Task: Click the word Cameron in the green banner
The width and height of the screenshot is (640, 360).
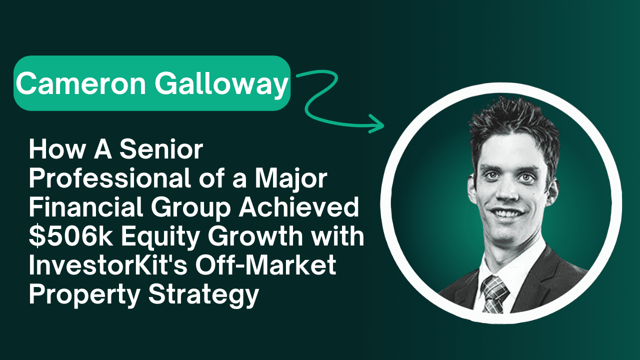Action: pos(81,83)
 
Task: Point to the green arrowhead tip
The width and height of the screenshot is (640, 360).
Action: pos(383,125)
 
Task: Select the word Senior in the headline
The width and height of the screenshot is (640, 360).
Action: pos(161,149)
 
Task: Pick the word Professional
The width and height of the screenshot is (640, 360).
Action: pos(109,178)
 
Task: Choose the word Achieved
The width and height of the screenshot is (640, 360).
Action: pos(298,207)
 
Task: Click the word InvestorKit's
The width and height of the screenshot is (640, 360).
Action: pos(108,265)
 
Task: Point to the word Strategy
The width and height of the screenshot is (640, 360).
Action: pos(203,295)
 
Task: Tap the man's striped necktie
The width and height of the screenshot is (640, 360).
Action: pos(494,294)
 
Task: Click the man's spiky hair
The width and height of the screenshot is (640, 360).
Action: pos(513,123)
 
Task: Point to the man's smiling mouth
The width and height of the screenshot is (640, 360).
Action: pos(506,213)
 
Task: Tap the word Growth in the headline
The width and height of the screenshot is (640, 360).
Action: pos(255,236)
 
